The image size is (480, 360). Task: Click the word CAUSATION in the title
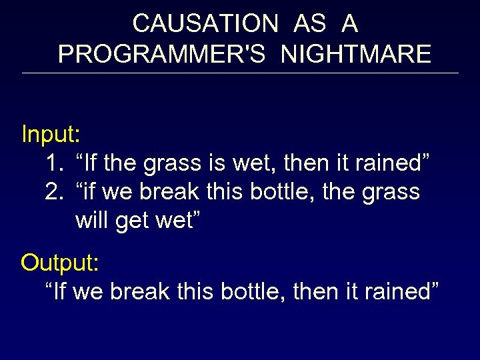pyautogui.click(x=205, y=23)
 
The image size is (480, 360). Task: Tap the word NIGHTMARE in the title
pyautogui.click(x=356, y=54)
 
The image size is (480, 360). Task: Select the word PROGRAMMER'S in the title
pyautogui.click(x=165, y=54)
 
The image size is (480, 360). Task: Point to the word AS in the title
pyautogui.click(x=309, y=23)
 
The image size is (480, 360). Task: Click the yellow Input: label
pyautogui.click(x=51, y=134)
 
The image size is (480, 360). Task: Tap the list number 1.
pyautogui.click(x=54, y=163)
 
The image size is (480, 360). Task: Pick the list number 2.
pyautogui.click(x=54, y=191)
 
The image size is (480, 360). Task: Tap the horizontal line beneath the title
pyautogui.click(x=240, y=73)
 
